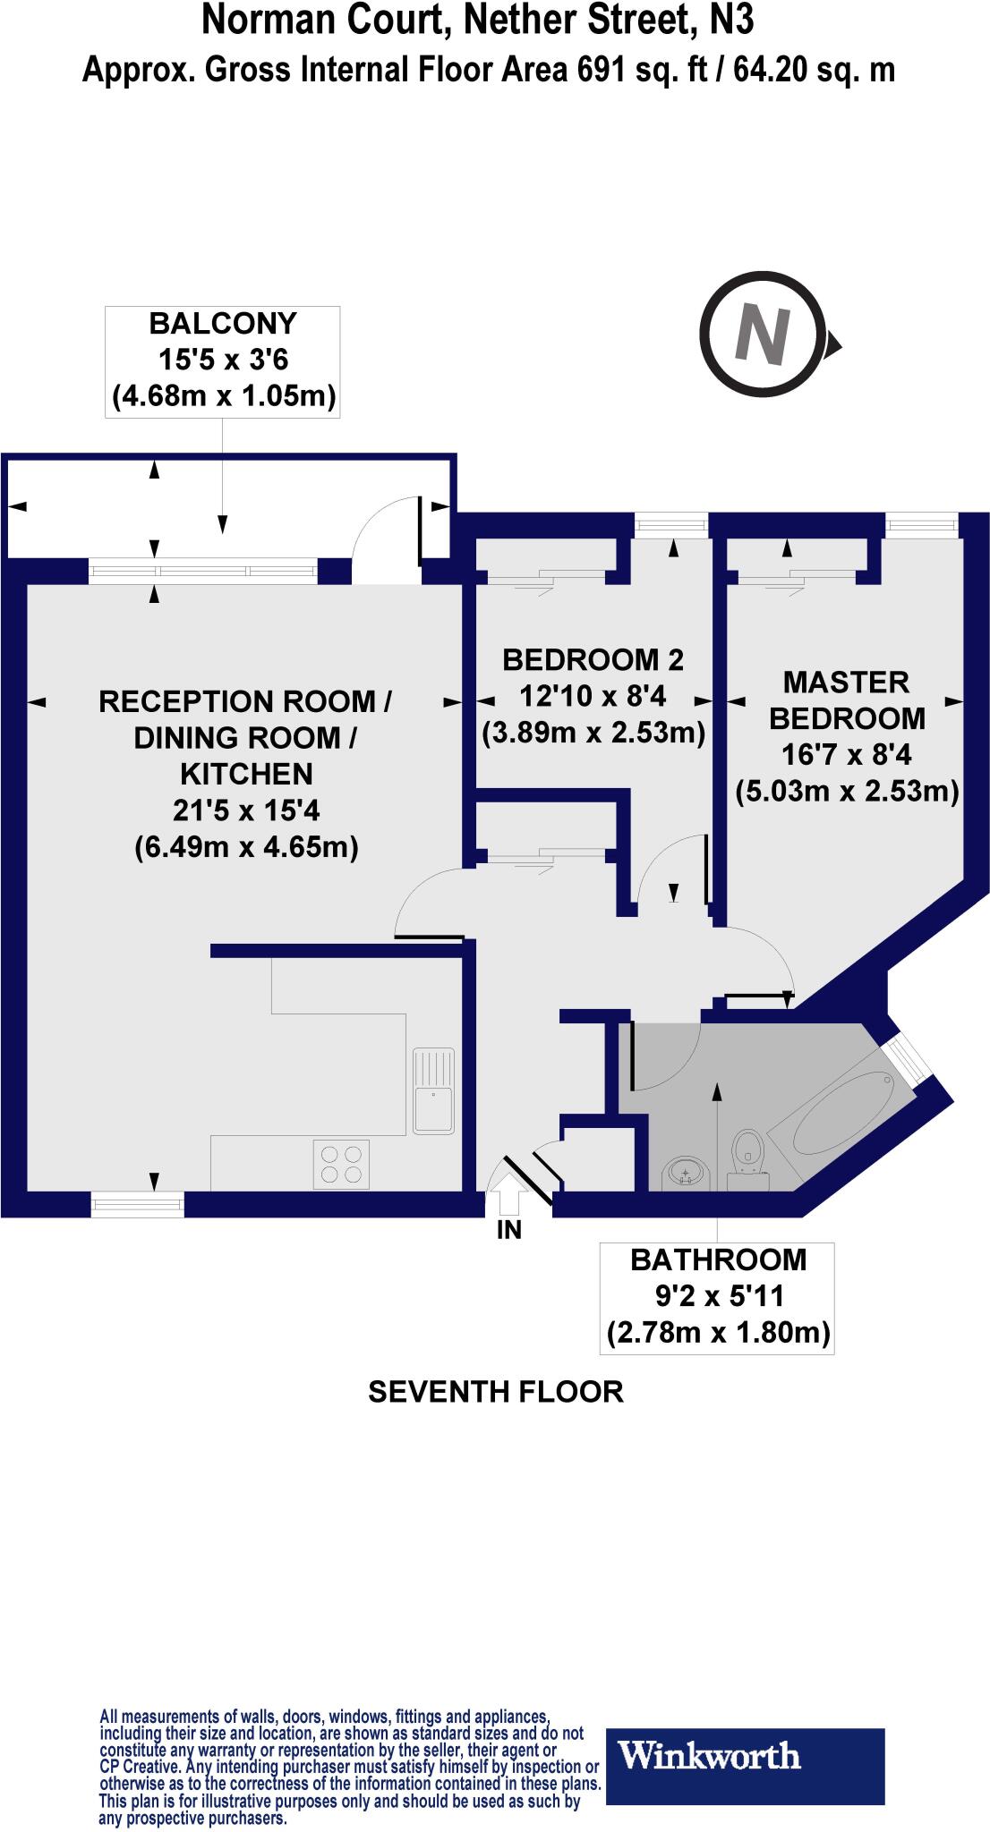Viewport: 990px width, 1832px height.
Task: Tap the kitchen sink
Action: (433, 1090)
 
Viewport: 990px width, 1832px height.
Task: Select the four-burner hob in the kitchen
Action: (341, 1164)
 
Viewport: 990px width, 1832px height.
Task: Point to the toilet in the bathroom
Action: (748, 1159)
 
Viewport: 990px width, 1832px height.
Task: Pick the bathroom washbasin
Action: (686, 1172)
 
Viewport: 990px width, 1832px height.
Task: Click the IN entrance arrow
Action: (508, 1191)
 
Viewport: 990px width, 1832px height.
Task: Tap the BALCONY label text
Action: (222, 323)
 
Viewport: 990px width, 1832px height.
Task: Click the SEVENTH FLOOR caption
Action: (495, 1391)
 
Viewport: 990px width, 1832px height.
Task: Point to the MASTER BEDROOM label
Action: (847, 700)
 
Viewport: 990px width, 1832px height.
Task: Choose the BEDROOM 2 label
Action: (593, 660)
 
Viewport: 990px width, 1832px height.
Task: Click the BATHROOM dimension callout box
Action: (718, 1296)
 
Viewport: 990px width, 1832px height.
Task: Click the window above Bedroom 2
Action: (670, 525)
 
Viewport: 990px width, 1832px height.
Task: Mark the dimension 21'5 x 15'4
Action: (246, 810)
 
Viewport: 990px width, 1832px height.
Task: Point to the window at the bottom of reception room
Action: (138, 1205)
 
